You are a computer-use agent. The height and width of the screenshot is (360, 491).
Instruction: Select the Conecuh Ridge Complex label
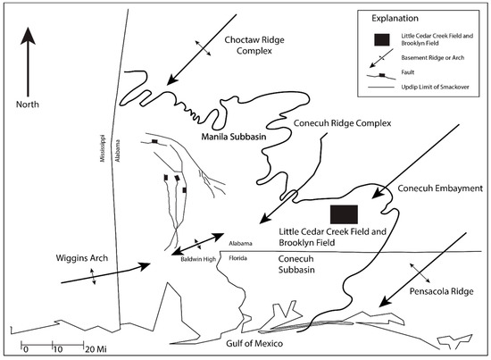click(x=331, y=124)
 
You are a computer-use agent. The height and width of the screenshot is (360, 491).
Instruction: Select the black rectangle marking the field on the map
click(x=344, y=213)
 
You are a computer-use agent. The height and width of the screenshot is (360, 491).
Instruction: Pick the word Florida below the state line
click(x=238, y=255)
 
